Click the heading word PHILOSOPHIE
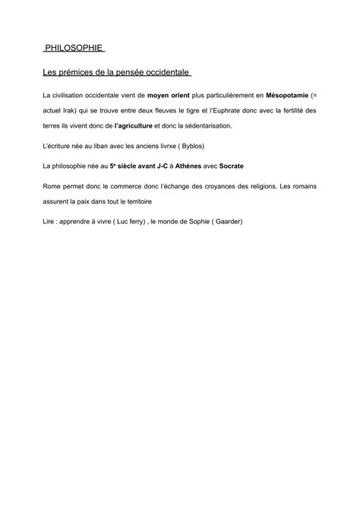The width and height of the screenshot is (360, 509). pos(73,49)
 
